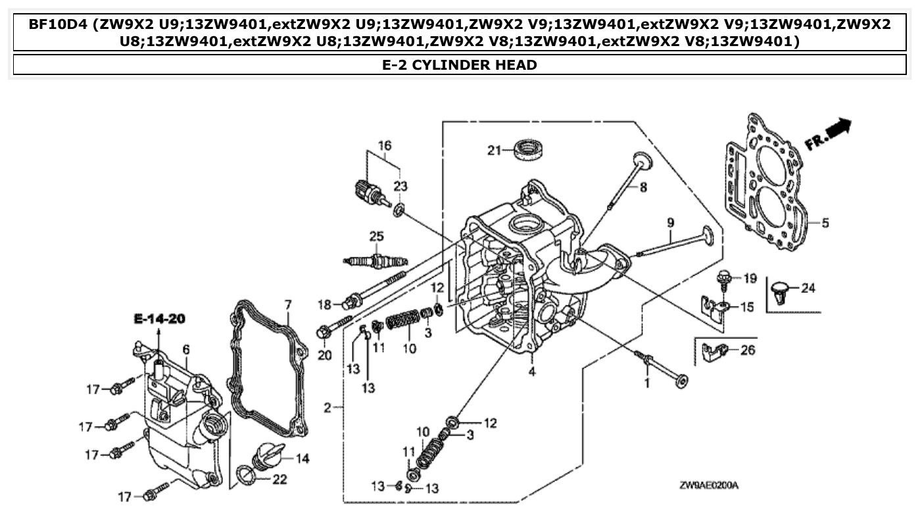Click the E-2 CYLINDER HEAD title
click(x=459, y=64)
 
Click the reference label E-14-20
click(x=158, y=319)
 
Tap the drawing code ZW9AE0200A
click(x=709, y=486)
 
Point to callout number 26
click(x=748, y=350)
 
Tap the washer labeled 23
click(x=399, y=210)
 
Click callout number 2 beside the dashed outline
click(x=327, y=408)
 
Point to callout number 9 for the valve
click(x=669, y=222)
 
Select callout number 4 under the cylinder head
click(x=531, y=371)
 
